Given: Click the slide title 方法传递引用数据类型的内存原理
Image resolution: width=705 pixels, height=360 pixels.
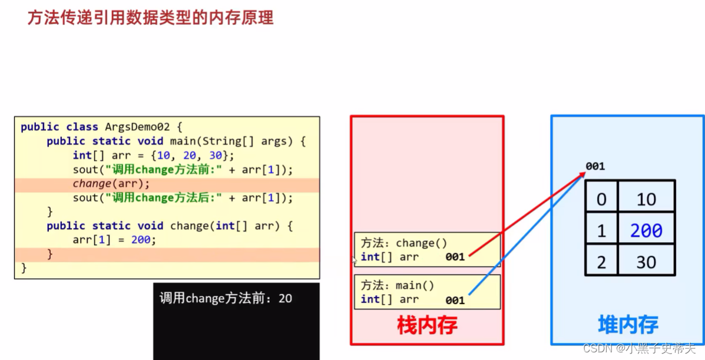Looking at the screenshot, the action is click(x=151, y=18).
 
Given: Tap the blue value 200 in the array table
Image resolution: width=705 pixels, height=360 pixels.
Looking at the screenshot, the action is click(x=646, y=231).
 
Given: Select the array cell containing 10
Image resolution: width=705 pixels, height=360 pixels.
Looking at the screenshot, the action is click(x=646, y=199).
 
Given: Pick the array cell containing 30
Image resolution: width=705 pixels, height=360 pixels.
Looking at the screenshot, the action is click(x=646, y=262).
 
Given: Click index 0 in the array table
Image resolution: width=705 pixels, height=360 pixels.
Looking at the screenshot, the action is click(x=601, y=199).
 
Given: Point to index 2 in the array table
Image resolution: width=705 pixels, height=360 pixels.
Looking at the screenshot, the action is click(x=601, y=262).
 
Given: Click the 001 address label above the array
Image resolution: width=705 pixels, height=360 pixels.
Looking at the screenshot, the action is click(x=595, y=166).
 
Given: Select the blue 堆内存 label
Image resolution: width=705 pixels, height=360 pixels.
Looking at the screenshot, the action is click(x=628, y=325).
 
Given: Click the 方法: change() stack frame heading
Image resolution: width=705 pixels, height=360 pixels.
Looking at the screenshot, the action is click(x=398, y=243).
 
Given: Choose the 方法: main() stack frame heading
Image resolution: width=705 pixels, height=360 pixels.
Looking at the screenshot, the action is click(x=398, y=285).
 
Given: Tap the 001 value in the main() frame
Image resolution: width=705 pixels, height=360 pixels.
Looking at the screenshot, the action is click(x=455, y=300).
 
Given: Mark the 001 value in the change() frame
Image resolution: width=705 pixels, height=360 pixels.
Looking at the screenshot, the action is click(x=455, y=257).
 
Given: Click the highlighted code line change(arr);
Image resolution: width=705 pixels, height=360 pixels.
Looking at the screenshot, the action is click(x=111, y=184).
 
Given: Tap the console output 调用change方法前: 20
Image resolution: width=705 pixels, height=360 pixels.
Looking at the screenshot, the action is click(x=226, y=298).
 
